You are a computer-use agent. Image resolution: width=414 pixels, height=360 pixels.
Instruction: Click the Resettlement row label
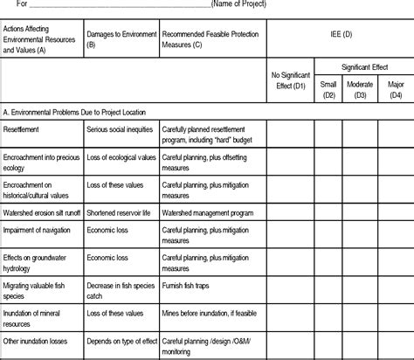[x=20, y=130]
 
